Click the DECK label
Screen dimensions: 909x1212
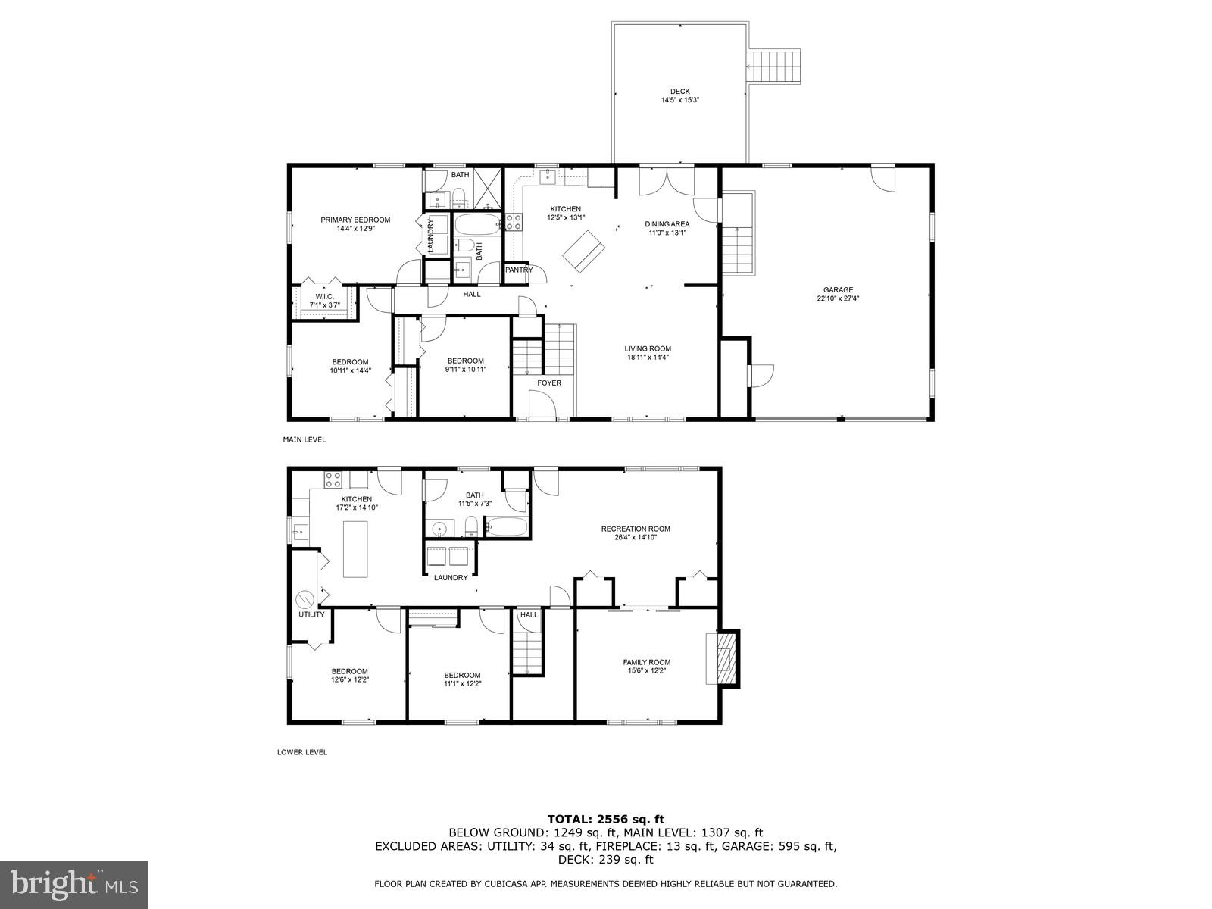[x=679, y=92]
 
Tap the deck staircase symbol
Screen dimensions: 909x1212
[x=774, y=67]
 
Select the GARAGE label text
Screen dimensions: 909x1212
[x=838, y=289]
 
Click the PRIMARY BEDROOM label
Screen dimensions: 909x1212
[x=355, y=220]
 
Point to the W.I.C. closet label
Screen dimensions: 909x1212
[x=324, y=296]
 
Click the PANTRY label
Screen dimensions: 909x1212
[x=519, y=270]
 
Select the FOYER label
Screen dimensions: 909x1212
[x=549, y=383]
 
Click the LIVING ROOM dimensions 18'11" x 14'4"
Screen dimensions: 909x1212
[x=648, y=358]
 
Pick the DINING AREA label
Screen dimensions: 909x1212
[x=667, y=223]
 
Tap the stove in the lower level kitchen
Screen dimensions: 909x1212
[x=333, y=479]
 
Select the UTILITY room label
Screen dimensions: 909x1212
[x=311, y=614]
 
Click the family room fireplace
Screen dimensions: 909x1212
[x=726, y=659]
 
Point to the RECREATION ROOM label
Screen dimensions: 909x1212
[x=636, y=529]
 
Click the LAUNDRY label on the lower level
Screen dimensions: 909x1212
[x=451, y=577]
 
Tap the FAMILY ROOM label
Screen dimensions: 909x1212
[x=646, y=662]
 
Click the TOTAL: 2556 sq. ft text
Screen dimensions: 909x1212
[x=605, y=819]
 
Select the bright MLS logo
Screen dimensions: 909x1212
[x=74, y=882]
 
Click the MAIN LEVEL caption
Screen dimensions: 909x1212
[x=304, y=439]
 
